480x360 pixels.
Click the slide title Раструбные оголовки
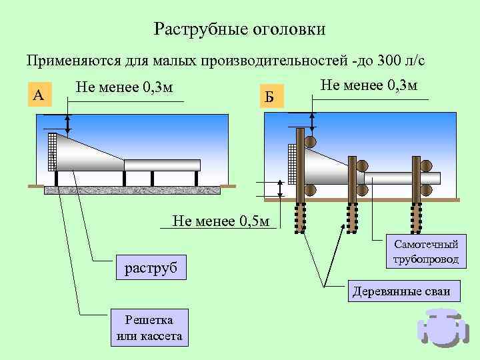(239, 29)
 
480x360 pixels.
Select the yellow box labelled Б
(269, 97)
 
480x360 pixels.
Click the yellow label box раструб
(151, 268)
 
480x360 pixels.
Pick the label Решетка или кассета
(149, 328)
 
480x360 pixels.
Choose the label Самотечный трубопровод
(426, 252)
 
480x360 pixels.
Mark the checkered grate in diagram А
(51, 151)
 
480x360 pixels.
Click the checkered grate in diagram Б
(290, 163)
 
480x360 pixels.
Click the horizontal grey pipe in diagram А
(162, 165)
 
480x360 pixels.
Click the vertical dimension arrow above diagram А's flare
(67, 123)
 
